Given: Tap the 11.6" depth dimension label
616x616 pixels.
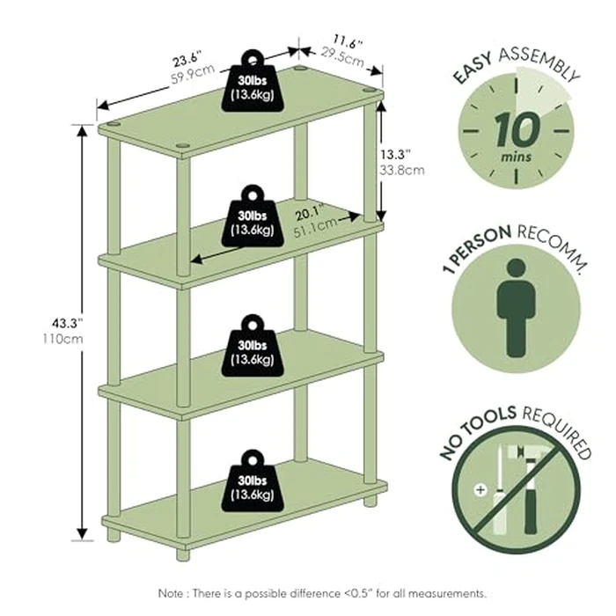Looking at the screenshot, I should pos(348,40).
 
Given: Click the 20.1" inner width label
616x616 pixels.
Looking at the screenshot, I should pos(308,211).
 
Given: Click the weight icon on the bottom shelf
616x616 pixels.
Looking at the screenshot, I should pos(252,482).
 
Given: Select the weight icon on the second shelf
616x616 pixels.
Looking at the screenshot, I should pos(252,216).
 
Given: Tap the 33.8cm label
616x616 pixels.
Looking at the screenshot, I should pos(402,171).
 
